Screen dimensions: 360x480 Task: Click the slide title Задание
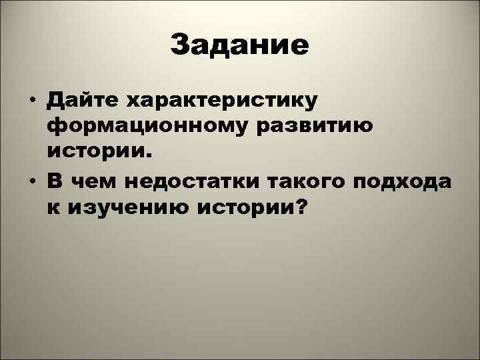click(x=239, y=45)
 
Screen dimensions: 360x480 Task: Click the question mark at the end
click(x=301, y=208)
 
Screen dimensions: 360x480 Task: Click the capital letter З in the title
click(x=180, y=45)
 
